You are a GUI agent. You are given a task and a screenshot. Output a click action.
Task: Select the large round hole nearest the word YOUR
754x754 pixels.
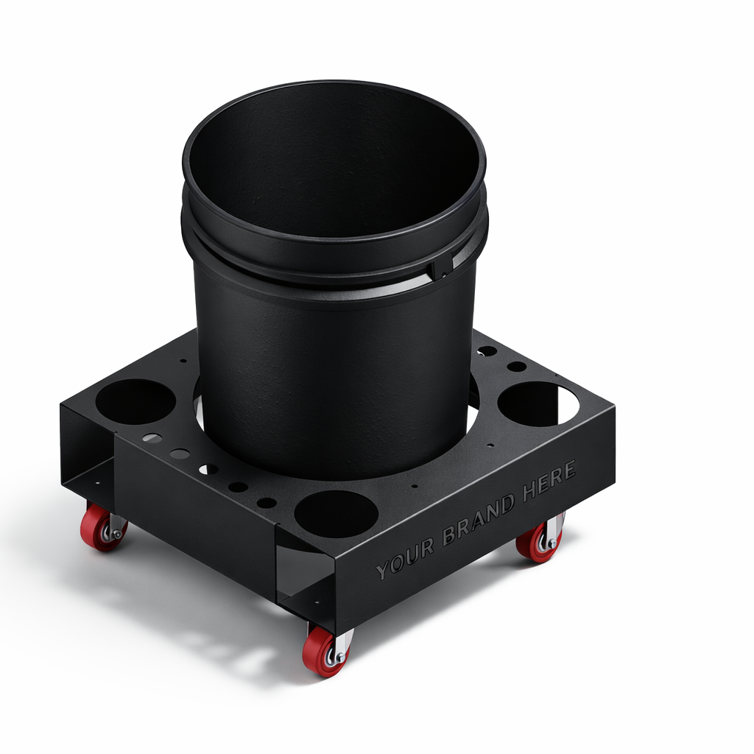coord(336,513)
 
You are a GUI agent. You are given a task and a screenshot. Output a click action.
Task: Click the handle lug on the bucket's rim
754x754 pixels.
coord(443,266)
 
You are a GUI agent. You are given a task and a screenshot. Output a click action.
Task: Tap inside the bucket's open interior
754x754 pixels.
coord(331,162)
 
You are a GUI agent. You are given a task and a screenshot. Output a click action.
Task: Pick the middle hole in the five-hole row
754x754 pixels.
coord(208,468)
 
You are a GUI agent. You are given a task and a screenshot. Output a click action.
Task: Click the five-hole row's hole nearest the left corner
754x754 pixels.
coord(152,438)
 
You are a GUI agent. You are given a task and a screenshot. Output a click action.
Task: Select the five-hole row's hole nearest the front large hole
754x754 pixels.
coord(267,502)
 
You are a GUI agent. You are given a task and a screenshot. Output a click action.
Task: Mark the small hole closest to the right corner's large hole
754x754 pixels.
coord(517,366)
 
